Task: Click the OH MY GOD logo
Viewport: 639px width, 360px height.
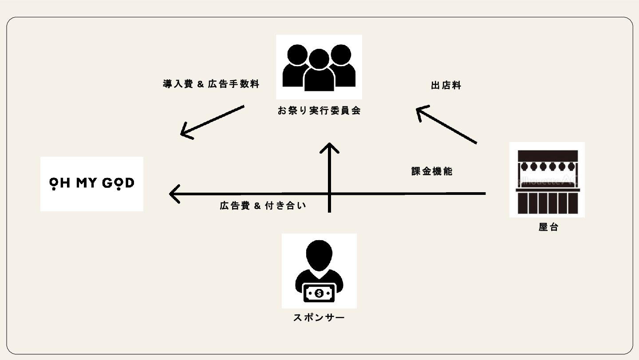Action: coord(91,184)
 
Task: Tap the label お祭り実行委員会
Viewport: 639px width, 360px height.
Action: coord(319,111)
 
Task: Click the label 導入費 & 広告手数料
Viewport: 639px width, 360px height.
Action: coord(211,84)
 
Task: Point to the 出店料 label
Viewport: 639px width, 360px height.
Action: coord(446,86)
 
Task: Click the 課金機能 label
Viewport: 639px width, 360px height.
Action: coord(432,171)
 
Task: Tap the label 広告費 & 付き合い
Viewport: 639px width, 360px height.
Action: coord(263,206)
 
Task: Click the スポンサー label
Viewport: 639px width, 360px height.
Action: coord(319,318)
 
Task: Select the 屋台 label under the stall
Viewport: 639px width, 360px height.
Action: coord(548,227)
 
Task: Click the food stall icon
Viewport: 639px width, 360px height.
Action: coord(547,179)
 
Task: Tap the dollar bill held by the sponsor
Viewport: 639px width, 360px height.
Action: coord(319,293)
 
